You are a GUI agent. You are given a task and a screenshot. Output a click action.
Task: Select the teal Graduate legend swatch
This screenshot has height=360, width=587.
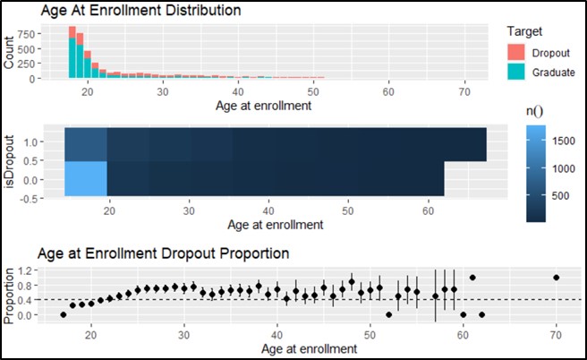point(516,71)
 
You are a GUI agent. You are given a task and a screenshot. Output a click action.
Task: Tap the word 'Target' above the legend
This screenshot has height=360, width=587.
point(524,30)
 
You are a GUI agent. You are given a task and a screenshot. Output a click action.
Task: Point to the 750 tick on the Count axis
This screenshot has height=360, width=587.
point(26,33)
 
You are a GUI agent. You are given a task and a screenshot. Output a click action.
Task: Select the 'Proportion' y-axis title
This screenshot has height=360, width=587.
point(9,294)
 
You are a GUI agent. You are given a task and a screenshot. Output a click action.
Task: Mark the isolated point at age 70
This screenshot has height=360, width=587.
point(557,278)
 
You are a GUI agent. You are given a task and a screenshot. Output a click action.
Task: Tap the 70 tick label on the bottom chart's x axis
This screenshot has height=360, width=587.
point(557,337)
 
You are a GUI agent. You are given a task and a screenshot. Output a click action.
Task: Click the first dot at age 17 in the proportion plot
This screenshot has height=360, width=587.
point(64,314)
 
